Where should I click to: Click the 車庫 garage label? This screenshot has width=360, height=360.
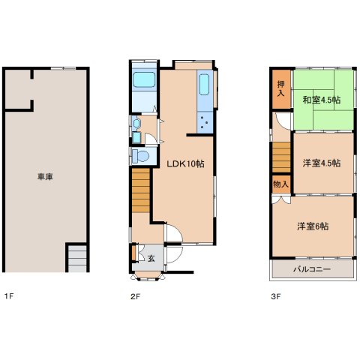[x=45, y=177]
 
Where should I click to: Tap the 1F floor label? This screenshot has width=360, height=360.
[x=8, y=296]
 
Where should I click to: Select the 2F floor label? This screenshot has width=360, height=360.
[x=136, y=296]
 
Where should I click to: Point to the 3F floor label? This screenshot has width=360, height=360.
[x=276, y=296]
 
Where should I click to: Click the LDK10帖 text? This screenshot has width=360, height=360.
[x=185, y=164]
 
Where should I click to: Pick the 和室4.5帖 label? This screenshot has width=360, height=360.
[x=322, y=100]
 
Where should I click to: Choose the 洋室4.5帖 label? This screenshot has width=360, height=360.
[x=322, y=163]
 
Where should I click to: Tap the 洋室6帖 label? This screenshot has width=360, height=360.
[x=313, y=226]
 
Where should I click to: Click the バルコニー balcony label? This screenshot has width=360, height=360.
[x=312, y=269]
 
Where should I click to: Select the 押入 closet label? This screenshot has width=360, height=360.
[x=281, y=88]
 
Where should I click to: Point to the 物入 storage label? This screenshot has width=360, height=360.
[x=281, y=184]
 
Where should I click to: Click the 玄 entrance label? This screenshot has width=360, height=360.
[x=151, y=259]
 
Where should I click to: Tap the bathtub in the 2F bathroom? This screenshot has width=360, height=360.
[x=144, y=79]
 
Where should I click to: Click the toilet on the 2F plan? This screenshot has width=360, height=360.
[x=140, y=156]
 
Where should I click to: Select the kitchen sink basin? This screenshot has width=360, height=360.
[x=204, y=85]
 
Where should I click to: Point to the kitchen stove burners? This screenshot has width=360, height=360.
[x=205, y=122]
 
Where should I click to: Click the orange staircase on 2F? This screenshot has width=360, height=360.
[x=141, y=190]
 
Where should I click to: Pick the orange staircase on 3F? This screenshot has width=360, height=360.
[x=281, y=157]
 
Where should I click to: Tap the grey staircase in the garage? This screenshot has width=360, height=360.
[x=77, y=259]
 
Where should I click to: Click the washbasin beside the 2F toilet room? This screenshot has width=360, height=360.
[x=136, y=123]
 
